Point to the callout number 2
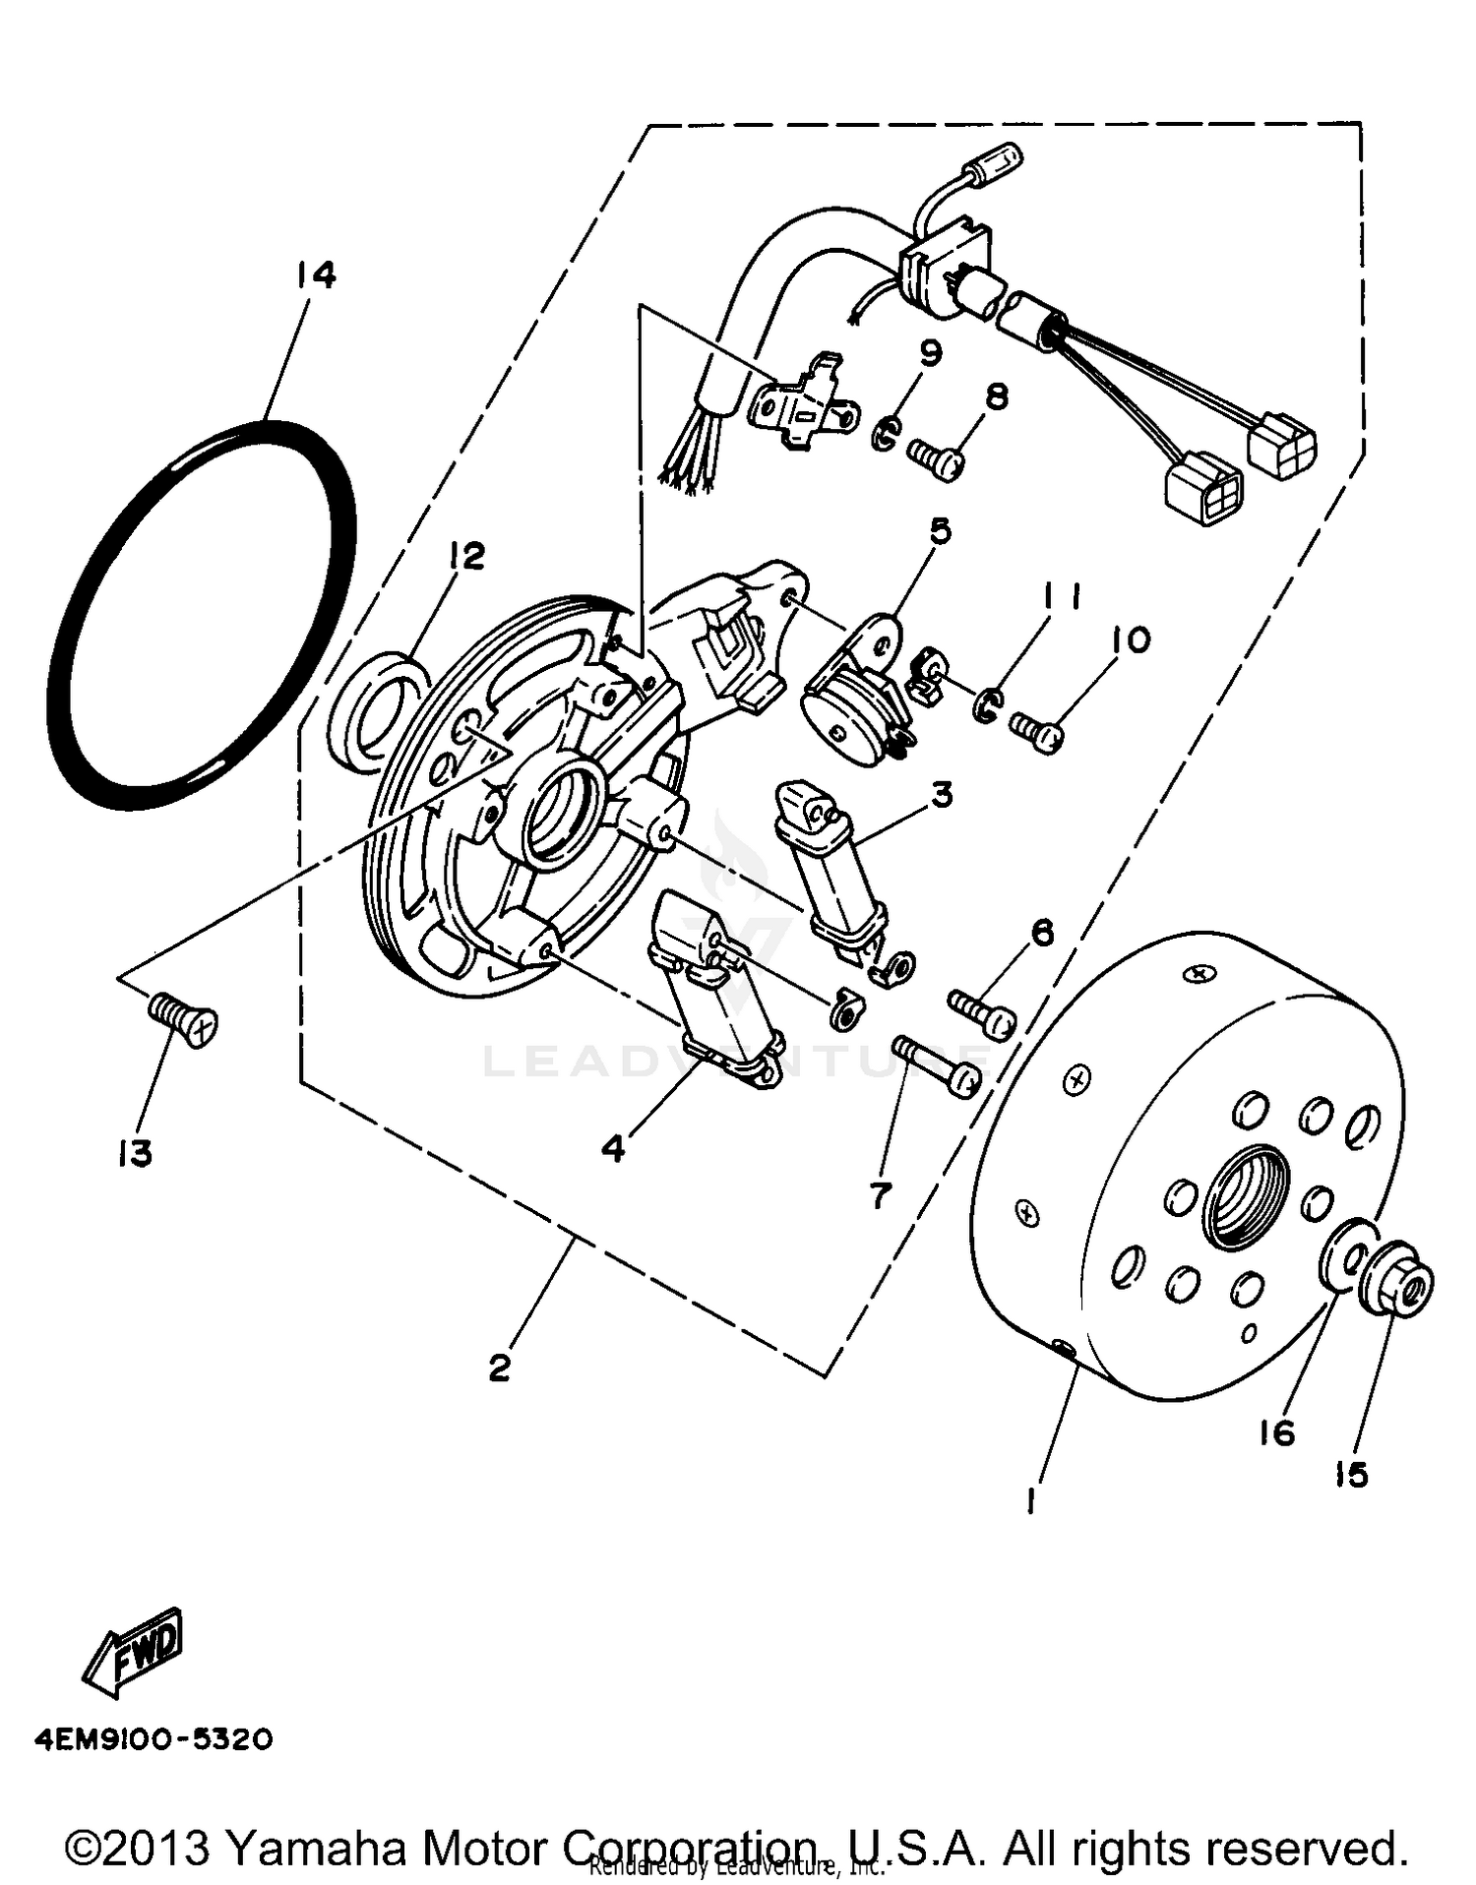click(500, 1368)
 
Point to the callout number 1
click(1030, 1500)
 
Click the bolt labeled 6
click(981, 1014)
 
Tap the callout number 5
click(940, 531)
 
